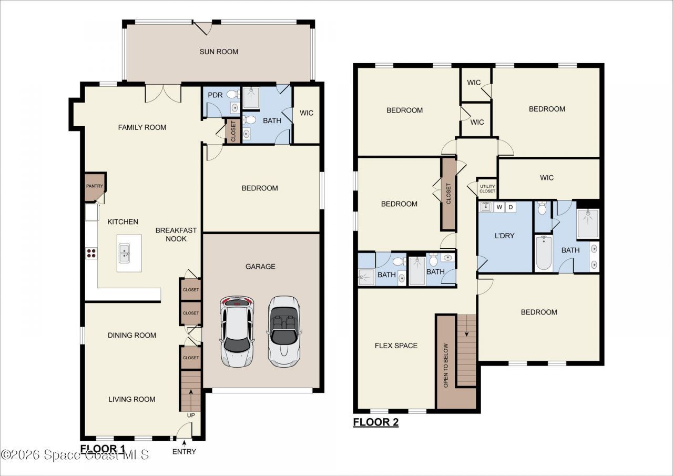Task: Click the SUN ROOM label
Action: click(x=219, y=52)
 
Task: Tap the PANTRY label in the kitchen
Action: click(x=95, y=186)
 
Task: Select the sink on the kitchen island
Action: click(x=125, y=253)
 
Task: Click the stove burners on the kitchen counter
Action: click(x=91, y=252)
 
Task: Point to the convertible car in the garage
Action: click(x=284, y=331)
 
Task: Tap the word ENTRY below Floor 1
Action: click(x=184, y=451)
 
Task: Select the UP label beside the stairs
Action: click(x=190, y=416)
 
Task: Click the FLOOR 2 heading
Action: click(x=375, y=422)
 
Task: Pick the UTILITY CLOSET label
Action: click(x=487, y=188)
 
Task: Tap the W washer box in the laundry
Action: click(x=499, y=207)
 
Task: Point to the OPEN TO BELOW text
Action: click(x=446, y=366)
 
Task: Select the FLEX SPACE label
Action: click(x=396, y=346)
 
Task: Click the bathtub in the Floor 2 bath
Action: click(x=543, y=253)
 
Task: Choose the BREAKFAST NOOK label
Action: click(x=176, y=235)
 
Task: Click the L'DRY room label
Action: click(x=504, y=236)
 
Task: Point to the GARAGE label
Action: click(x=260, y=267)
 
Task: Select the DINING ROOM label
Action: click(x=132, y=335)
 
